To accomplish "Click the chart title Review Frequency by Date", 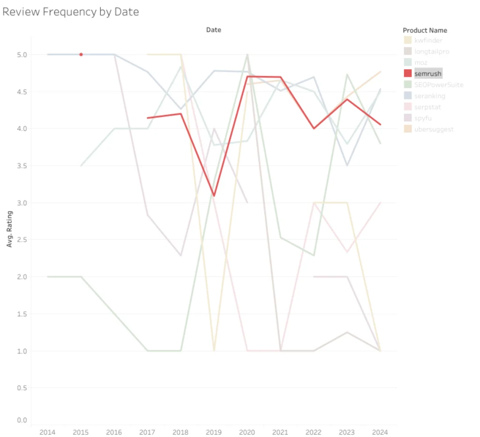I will [x=71, y=12].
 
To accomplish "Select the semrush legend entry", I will [x=428, y=74].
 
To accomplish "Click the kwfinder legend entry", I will [x=428, y=40].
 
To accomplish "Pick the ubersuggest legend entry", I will [x=434, y=129].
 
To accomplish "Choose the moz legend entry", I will [x=421, y=62].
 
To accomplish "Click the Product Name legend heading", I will [x=425, y=31].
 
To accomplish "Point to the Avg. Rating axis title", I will [x=10, y=229].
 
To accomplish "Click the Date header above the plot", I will [x=213, y=30].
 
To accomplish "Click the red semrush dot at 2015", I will [x=81, y=54].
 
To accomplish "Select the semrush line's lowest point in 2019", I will [x=214, y=195].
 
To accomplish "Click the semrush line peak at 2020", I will [x=247, y=76].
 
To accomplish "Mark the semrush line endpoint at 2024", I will [x=380, y=124].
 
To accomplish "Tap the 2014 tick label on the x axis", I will [x=47, y=432].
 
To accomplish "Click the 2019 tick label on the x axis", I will [x=214, y=432].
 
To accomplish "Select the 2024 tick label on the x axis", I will [x=380, y=432].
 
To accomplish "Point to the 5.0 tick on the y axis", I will [x=21, y=54].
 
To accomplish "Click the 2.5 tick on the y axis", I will [x=21, y=240].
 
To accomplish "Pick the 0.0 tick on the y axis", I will [x=21, y=420].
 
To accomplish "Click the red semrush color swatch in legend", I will [x=408, y=74].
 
